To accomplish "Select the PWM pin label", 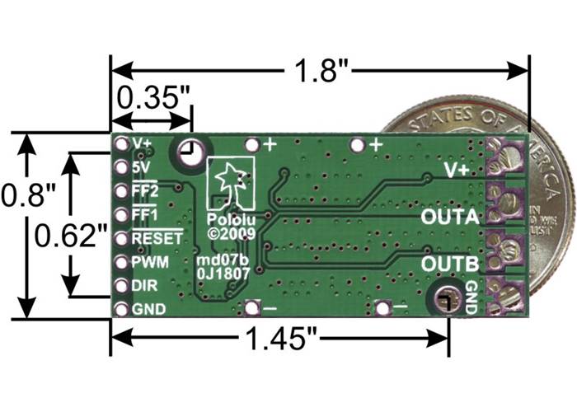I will click(150, 263).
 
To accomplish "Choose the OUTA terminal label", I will click(449, 219).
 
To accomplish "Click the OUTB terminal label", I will click(449, 264).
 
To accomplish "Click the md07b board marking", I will click(221, 262).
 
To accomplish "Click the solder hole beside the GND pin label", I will click(121, 310).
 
